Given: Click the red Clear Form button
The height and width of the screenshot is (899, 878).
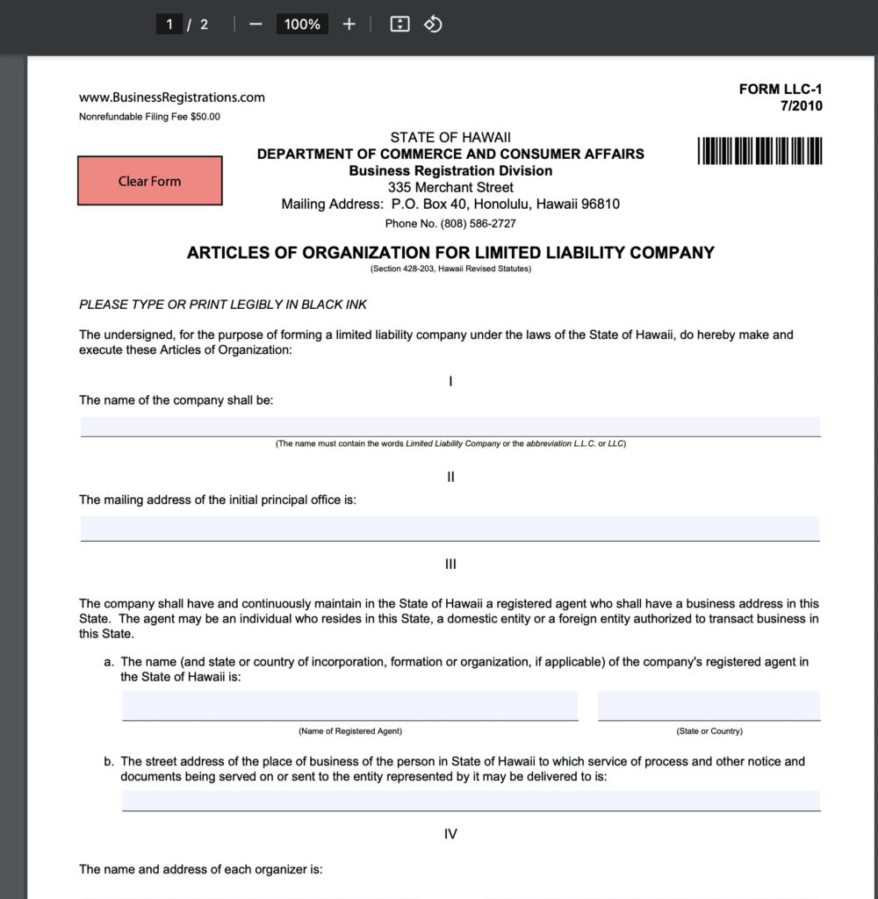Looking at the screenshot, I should pos(149,181).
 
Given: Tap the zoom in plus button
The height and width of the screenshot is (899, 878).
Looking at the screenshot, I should pos(349,24).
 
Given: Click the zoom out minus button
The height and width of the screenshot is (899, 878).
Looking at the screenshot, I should pos(255,24).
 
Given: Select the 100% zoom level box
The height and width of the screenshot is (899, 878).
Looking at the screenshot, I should pos(302,24).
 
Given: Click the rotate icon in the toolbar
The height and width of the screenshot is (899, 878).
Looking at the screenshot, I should pos(433,24).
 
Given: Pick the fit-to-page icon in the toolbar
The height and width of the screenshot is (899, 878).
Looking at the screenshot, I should pos(399,24).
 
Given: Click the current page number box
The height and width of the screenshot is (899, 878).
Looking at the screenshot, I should pos(169,24).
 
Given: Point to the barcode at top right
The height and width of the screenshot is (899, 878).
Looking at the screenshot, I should pos(760,151).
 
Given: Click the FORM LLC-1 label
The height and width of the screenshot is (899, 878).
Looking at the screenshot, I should pos(781,89).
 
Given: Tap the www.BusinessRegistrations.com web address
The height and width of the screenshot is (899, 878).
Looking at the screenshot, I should pos(172,97).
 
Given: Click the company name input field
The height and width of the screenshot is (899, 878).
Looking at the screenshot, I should pos(450,427).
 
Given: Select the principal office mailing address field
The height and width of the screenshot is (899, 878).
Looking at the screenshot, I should pos(450,528).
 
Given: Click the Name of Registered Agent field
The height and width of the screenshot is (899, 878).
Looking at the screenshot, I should pos(349,705).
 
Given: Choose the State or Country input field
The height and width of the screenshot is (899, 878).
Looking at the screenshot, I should pos(709,705).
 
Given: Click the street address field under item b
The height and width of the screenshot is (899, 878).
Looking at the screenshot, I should pos(471,800).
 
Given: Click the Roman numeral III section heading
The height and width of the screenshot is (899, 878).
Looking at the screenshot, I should pos(450,565).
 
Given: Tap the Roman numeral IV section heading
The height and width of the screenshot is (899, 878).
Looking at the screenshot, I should pos(450,834).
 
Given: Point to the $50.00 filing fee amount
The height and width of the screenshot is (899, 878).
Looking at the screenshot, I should pos(205,117).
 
